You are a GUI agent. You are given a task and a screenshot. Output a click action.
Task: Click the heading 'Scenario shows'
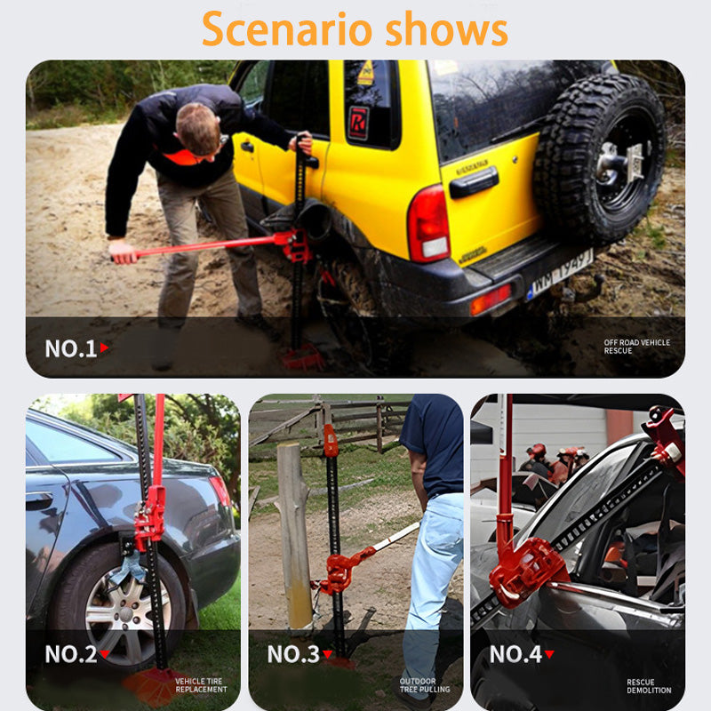(355, 28)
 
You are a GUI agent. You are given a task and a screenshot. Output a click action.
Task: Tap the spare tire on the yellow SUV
(600, 160)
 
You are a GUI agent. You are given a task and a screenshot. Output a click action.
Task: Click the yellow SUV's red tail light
(427, 223)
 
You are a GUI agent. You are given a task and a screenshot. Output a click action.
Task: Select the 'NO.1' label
(70, 348)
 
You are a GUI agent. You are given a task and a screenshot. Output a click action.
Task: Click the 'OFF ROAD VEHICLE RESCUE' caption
(637, 347)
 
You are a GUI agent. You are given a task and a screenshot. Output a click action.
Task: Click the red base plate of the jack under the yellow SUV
(303, 357)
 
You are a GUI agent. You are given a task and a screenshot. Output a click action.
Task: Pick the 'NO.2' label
(70, 654)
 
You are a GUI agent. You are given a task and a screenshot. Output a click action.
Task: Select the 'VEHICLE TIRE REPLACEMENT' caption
(201, 684)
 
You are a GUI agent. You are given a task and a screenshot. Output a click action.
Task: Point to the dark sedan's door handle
(39, 501)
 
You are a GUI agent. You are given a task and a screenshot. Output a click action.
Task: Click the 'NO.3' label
(292, 654)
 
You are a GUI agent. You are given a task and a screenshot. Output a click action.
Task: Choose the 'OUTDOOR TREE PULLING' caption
(425, 684)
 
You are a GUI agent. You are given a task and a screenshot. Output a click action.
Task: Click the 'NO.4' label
(515, 654)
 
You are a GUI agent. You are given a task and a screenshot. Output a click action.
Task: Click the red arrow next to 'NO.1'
(104, 348)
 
